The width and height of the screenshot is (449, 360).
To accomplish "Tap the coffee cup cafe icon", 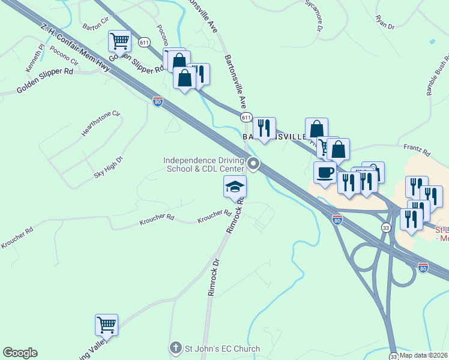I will pyautogui.click(x=325, y=172).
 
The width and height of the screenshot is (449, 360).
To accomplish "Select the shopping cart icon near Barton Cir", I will pyautogui.click(x=120, y=42).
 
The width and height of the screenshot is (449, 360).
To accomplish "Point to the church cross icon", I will pyautogui.click(x=175, y=347).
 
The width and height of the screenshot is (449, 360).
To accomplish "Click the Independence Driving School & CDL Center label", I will pyautogui.click(x=203, y=164).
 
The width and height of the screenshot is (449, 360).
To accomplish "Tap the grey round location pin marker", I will pyautogui.click(x=254, y=164).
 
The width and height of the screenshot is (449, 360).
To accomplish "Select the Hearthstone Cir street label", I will pyautogui.click(x=101, y=123).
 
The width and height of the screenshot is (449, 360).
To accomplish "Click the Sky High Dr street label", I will pyautogui.click(x=108, y=167).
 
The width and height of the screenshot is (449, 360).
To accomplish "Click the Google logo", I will pyautogui.click(x=20, y=353).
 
